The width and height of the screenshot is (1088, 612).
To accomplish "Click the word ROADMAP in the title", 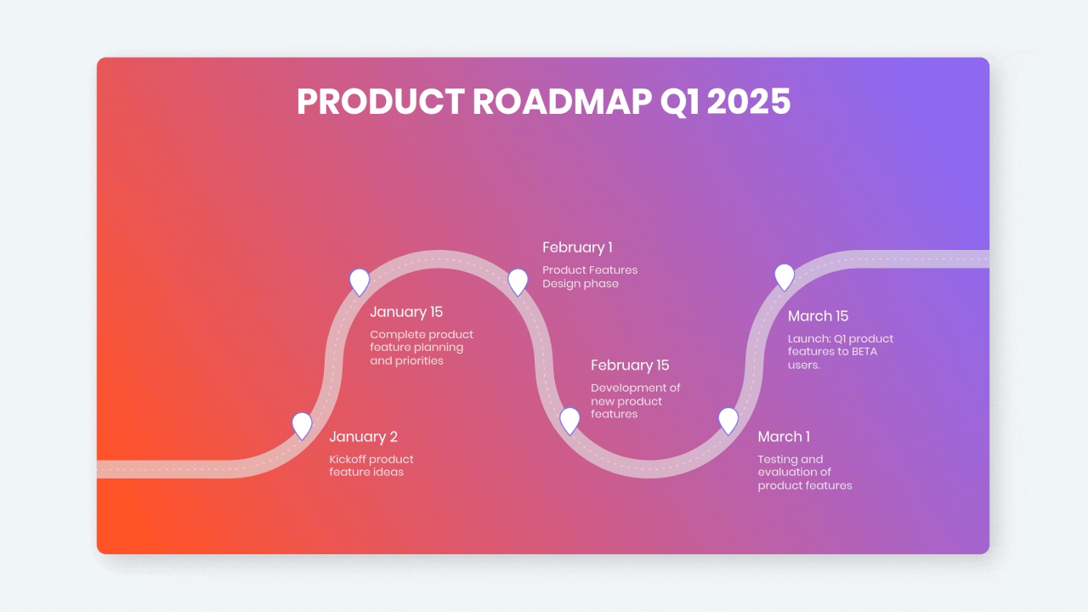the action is click(562, 101).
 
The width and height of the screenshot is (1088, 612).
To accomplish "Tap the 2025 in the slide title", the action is click(749, 101).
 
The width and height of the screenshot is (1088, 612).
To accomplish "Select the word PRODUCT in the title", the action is click(380, 101).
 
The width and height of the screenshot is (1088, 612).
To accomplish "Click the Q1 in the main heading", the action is click(679, 103).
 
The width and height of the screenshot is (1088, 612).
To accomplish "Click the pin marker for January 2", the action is click(302, 426).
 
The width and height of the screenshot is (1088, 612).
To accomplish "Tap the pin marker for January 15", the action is click(360, 282).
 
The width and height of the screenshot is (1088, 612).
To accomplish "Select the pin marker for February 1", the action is click(518, 282).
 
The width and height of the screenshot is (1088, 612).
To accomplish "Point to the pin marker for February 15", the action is click(569, 421).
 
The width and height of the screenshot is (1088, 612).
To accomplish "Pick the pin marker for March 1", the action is click(728, 421).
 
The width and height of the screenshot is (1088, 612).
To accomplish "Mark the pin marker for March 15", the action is click(785, 277).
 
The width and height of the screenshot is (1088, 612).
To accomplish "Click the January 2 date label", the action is click(363, 437).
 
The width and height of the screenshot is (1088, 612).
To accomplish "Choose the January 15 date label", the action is click(406, 312).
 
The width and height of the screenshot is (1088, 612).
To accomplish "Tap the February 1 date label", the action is click(577, 247).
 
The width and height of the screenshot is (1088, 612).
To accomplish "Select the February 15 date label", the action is click(630, 365).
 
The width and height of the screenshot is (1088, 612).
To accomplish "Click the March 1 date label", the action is click(784, 437).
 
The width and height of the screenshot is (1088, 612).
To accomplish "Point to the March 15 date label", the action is click(818, 316).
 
